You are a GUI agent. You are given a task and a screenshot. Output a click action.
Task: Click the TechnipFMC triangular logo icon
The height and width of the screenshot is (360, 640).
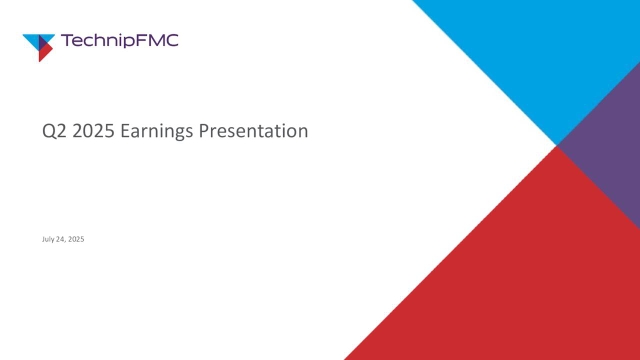[39, 46]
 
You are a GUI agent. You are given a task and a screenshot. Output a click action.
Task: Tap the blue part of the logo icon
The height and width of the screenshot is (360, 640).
[37, 39]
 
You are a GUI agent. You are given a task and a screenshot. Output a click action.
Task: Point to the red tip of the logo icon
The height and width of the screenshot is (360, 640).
[43, 55]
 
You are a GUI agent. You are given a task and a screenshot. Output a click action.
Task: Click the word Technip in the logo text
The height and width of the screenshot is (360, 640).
[98, 41]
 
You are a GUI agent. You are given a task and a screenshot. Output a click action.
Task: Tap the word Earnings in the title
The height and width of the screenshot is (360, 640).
[157, 131]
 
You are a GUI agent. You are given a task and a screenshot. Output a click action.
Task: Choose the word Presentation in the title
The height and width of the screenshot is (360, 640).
[255, 131]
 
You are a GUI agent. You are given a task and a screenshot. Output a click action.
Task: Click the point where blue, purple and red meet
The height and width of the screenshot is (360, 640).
[558, 146]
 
